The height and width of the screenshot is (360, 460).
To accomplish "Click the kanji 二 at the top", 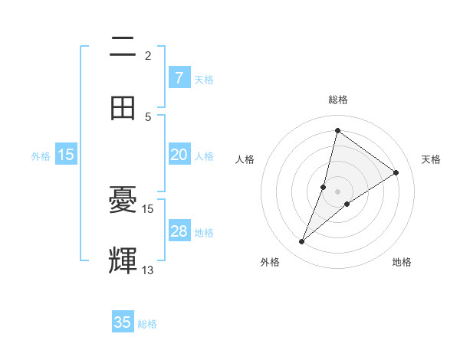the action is tap(123, 47).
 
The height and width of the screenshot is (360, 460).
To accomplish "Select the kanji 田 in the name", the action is tap(123, 108).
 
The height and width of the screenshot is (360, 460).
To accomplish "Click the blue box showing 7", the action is tap(179, 78).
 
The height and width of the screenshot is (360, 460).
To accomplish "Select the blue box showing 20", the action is tap(179, 155).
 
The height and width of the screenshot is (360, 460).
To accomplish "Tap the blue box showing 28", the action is tap(179, 231).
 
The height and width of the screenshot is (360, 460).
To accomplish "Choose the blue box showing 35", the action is tap(123, 322).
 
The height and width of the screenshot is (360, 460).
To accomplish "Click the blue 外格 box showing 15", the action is tap(66, 155).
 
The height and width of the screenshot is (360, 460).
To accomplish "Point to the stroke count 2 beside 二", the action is tap(148, 55).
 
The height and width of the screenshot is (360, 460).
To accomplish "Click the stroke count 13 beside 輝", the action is tap(148, 270).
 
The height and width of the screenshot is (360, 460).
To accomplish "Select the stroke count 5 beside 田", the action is tap(148, 116).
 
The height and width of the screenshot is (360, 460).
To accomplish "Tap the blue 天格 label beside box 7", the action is tap(204, 79).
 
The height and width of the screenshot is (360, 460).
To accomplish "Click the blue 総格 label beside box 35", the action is tap(148, 324).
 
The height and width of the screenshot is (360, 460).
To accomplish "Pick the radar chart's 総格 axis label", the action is tap(337, 100).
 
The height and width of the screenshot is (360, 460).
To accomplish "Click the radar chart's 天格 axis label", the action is tap(431, 159).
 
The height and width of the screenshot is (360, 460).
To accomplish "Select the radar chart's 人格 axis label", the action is tap(245, 159).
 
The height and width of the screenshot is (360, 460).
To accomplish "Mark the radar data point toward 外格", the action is tap(302, 242).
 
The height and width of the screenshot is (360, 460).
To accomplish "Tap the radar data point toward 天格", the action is tap(396, 172).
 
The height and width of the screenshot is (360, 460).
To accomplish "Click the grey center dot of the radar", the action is tap(337, 191).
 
